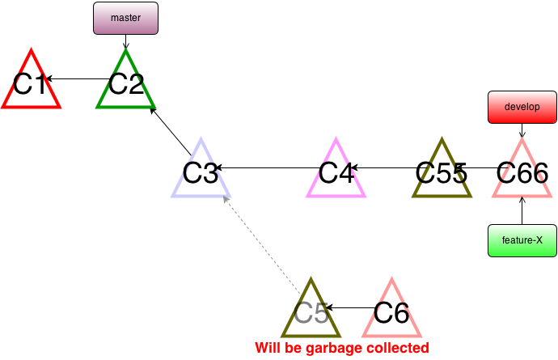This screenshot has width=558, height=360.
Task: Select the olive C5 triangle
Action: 311,313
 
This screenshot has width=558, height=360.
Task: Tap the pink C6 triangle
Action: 391,313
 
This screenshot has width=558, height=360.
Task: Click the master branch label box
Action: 125,18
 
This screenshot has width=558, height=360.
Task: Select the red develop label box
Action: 522,107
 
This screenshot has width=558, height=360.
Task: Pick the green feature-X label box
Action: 522,240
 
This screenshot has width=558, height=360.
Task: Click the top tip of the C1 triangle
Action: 31,50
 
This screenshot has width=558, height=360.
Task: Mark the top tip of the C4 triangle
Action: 336,139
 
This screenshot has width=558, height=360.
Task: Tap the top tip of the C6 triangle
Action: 391,279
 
